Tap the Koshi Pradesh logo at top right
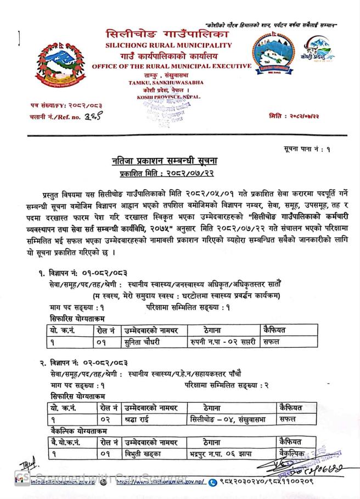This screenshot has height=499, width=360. coord(318,52)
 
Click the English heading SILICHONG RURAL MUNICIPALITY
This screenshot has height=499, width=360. coord(168,45)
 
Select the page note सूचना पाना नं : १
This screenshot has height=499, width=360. coord(307,149)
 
